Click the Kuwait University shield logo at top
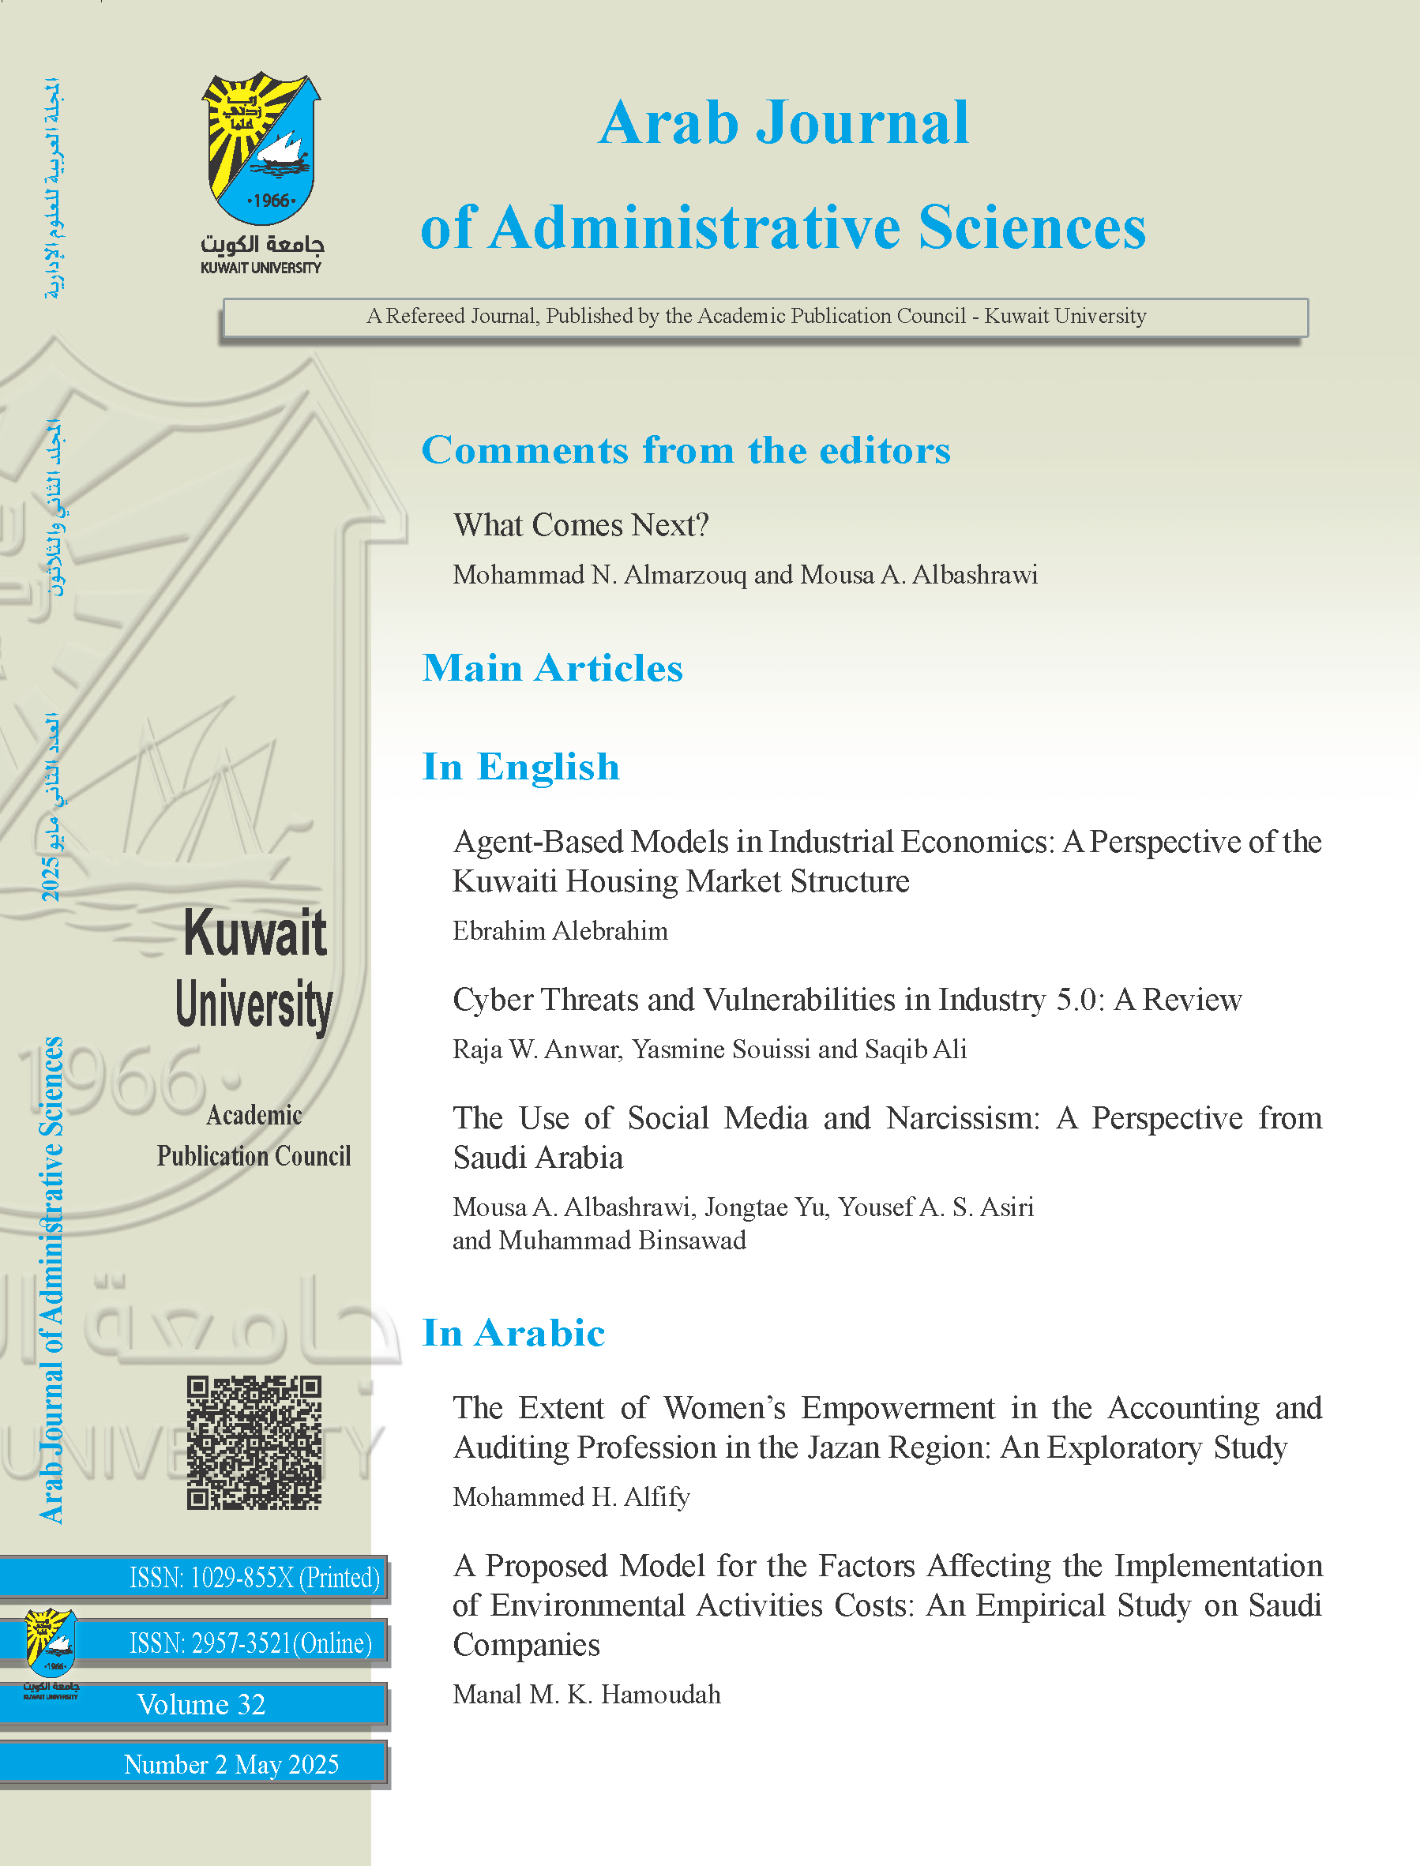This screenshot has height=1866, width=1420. point(261,148)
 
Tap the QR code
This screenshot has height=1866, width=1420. point(254,1443)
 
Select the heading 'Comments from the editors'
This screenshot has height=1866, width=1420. point(686,449)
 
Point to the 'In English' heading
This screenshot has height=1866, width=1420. point(520,767)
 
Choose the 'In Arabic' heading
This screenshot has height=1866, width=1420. point(514,1333)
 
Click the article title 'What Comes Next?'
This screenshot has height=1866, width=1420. point(580,525)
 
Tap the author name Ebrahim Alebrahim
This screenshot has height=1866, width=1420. point(559,930)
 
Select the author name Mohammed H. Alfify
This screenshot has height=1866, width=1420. point(571,1496)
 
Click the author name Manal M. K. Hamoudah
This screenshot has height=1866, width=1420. point(587,1695)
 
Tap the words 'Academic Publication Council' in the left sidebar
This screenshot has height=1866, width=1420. point(254,1136)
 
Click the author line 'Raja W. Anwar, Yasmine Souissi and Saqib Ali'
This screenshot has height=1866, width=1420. point(709,1049)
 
